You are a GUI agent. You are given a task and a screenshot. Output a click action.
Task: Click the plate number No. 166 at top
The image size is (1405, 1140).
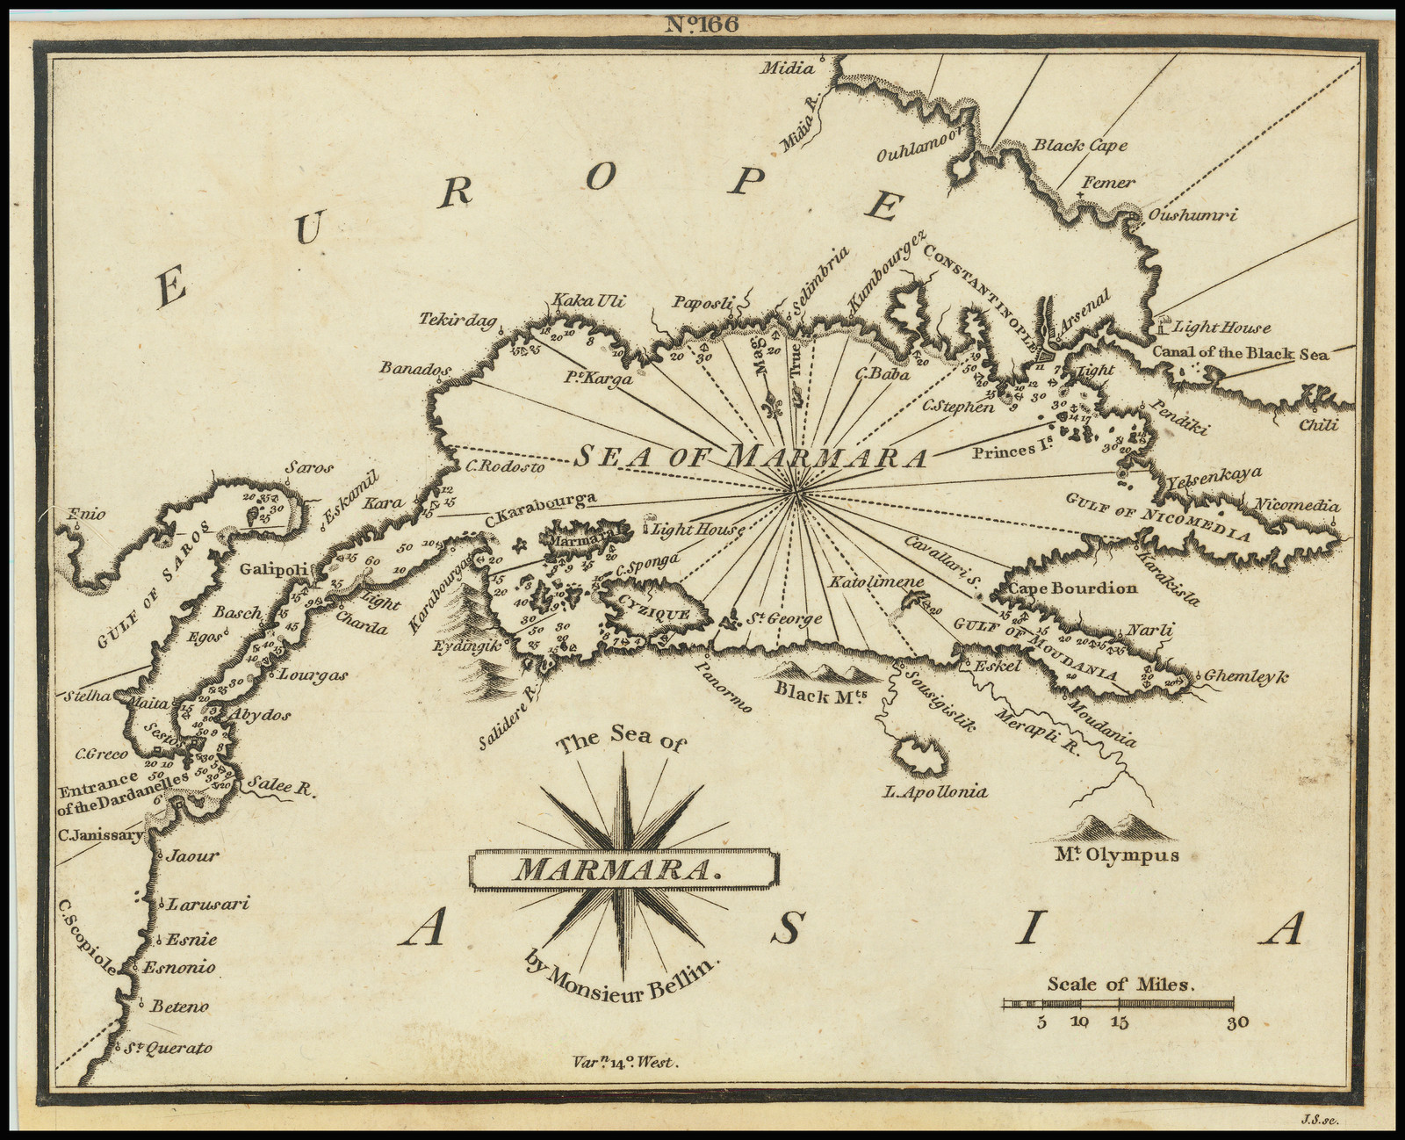[702, 25]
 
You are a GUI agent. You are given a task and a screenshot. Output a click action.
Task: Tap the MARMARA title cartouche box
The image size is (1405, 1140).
[624, 869]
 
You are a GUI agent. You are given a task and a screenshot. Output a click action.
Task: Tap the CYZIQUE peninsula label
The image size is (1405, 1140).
[654, 613]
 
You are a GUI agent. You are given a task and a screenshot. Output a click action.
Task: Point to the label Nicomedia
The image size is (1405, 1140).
[1297, 505]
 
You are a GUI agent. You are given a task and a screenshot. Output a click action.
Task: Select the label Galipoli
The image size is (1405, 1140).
[274, 569]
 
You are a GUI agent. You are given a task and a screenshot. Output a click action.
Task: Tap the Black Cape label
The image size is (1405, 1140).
[1079, 145]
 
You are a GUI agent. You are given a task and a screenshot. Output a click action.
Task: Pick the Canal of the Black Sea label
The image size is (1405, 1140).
[1240, 353]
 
